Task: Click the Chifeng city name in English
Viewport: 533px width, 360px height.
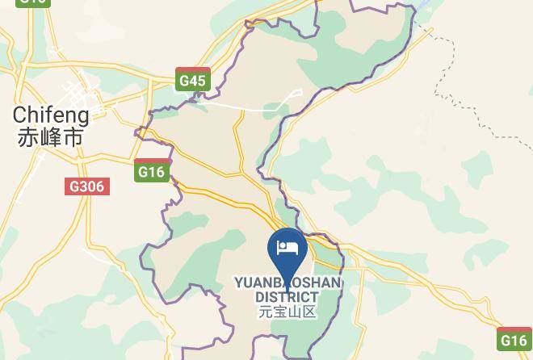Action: (50, 115)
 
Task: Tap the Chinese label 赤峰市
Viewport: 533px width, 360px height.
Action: (50, 137)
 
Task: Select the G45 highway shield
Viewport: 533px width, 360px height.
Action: (194, 80)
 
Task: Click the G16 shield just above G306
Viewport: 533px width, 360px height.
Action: (151, 171)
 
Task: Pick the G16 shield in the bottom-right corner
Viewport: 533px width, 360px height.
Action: (514, 340)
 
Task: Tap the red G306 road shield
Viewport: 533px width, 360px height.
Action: (86, 186)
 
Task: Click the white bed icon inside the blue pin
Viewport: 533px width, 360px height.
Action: (287, 245)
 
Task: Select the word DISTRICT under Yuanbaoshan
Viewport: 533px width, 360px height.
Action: (287, 297)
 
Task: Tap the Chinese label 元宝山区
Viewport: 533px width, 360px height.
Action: (287, 312)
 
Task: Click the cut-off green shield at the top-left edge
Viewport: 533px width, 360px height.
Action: (32, 2)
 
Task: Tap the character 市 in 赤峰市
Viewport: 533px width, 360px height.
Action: (73, 137)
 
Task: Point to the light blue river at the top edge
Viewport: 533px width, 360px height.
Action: (423, 8)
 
